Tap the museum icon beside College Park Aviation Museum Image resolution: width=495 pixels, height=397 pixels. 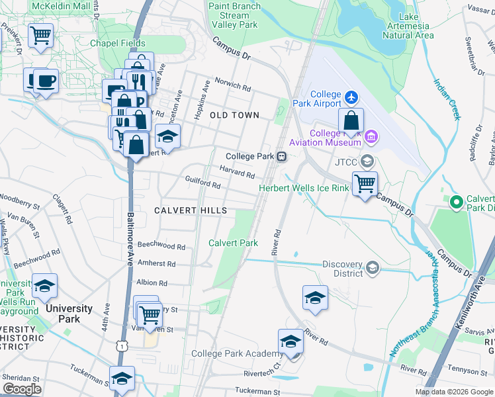[371, 137]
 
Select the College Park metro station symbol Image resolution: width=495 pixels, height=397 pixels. [282, 157]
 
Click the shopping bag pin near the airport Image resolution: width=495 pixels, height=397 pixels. [351, 121]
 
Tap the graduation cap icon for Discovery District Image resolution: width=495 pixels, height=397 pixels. [373, 267]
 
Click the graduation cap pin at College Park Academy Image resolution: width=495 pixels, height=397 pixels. [290, 342]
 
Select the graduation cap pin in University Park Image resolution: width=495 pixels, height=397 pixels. [44, 287]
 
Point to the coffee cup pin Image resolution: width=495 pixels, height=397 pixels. [45, 81]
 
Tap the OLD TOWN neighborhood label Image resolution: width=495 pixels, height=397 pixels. [234, 115]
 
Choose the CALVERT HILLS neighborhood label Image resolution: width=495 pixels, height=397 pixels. [191, 210]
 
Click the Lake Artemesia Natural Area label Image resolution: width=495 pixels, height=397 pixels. [408, 25]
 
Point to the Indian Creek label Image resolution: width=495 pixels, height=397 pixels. [446, 99]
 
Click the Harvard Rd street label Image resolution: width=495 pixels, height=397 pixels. [238, 172]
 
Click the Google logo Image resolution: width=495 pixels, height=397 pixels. [22, 389]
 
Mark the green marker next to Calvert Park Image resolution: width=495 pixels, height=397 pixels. [455, 202]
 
